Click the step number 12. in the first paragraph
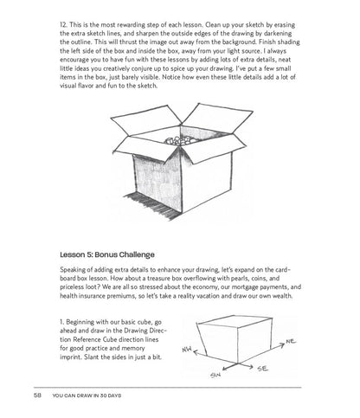click(x=63, y=25)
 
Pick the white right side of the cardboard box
click(x=207, y=181)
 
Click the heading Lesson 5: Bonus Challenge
click(x=107, y=254)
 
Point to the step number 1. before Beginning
click(x=61, y=322)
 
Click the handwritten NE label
click(x=291, y=342)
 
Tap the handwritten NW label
click(x=187, y=350)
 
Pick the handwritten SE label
click(x=263, y=369)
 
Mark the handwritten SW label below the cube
click(x=215, y=375)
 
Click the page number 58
click(x=38, y=395)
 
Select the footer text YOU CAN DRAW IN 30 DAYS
click(x=87, y=395)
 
